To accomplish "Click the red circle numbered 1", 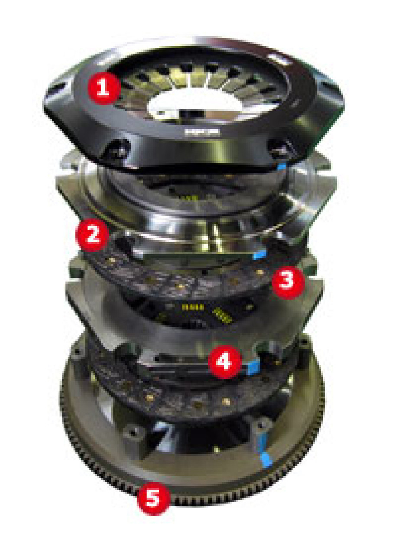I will click(103, 88).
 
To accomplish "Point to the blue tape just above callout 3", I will click(260, 254).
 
